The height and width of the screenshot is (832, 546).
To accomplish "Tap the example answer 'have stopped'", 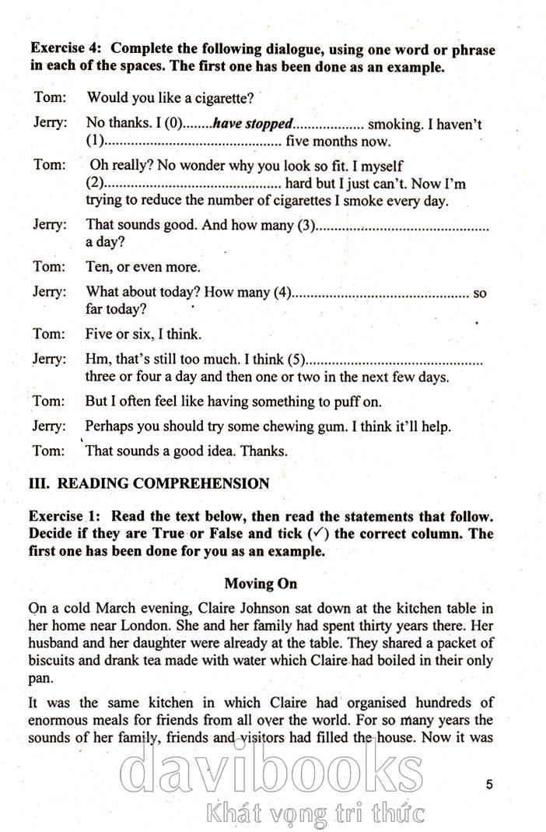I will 253,124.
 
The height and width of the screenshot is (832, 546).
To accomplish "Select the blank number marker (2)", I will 94,184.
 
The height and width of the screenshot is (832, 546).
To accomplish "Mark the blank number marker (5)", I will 296,360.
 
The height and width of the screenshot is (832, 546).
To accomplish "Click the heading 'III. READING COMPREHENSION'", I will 149,483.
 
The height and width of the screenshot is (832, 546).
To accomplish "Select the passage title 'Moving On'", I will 261,583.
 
